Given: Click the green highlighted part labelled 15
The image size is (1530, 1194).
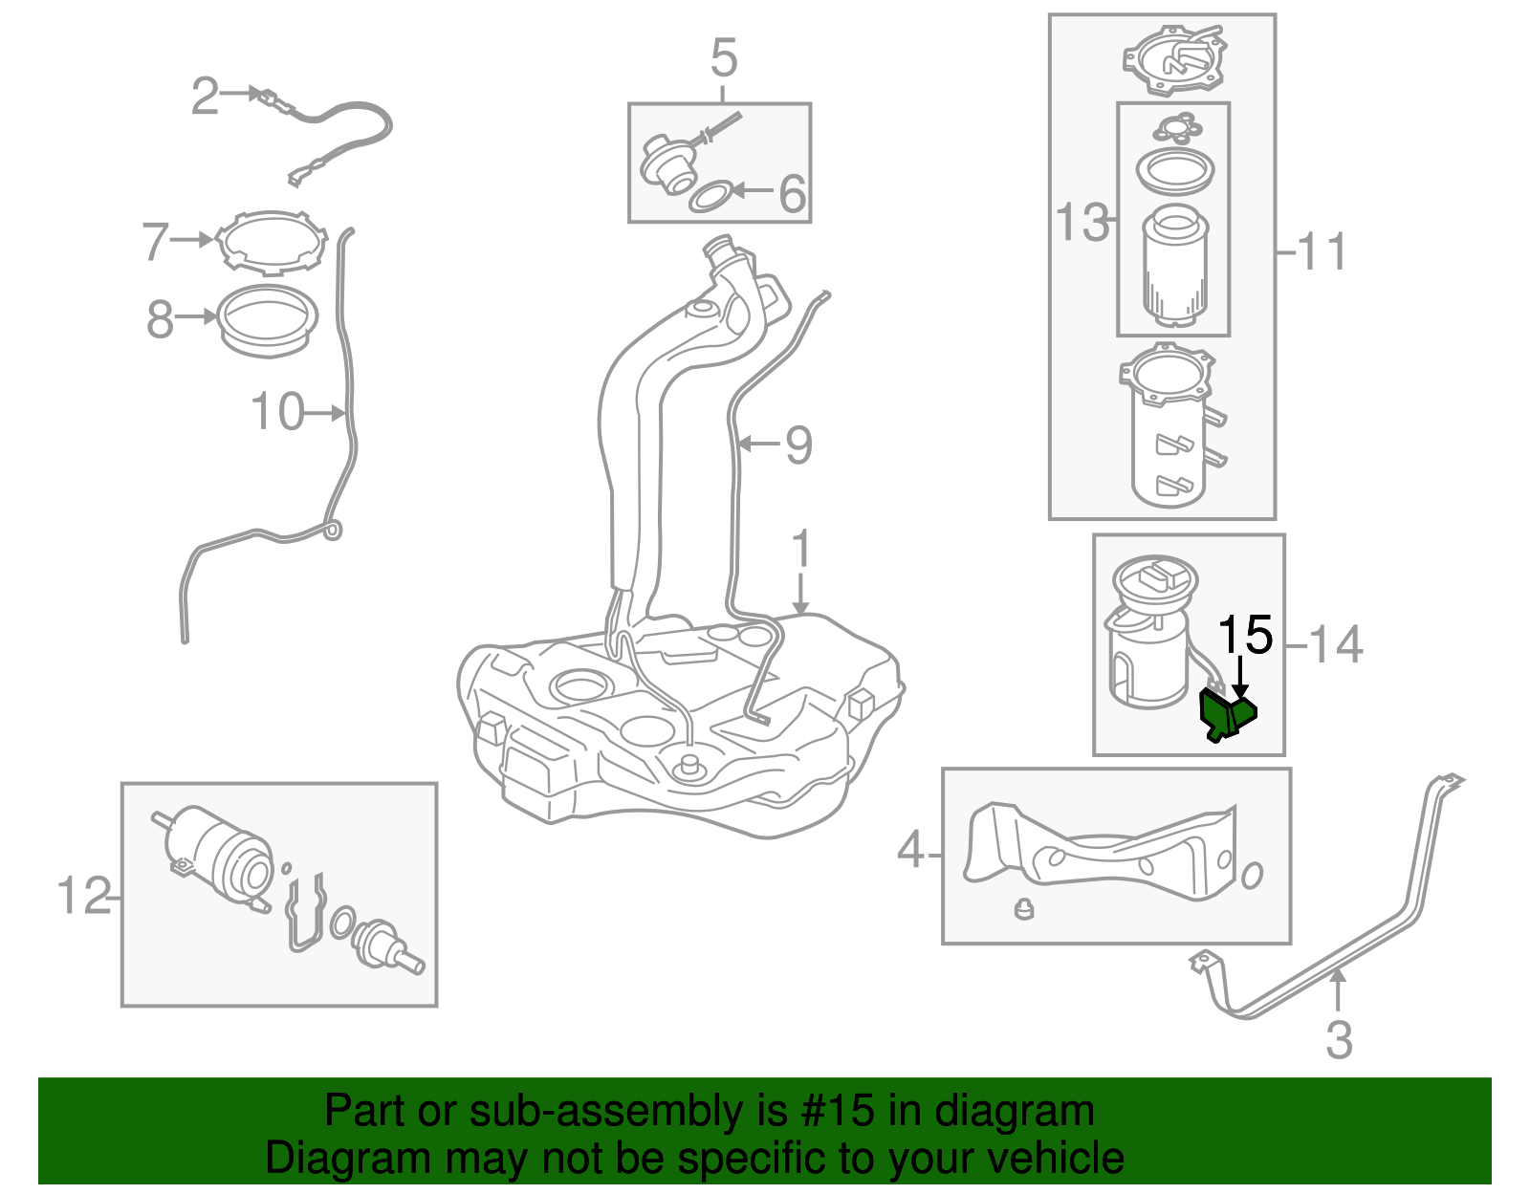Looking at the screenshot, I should (x=1226, y=715).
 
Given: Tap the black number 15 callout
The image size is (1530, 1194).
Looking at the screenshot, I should (x=1245, y=636).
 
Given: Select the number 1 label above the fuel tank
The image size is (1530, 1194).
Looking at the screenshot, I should (x=801, y=551).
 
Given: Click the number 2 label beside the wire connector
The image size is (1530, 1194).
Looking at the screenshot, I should (x=205, y=97).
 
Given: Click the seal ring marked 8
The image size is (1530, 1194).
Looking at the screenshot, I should (x=268, y=319).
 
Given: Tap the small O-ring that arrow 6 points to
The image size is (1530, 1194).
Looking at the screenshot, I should (x=710, y=198).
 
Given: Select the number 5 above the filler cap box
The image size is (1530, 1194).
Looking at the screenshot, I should (x=724, y=59).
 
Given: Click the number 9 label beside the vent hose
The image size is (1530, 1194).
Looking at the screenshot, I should (x=798, y=445).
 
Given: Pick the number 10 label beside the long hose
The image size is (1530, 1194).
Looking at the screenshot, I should (x=276, y=412).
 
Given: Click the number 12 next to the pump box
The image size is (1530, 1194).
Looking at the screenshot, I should (x=84, y=897).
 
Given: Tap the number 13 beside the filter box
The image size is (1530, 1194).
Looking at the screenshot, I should (x=1082, y=223).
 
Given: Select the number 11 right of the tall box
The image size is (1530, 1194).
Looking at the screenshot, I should (x=1322, y=252).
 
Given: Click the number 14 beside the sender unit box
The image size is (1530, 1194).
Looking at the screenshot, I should (x=1335, y=645).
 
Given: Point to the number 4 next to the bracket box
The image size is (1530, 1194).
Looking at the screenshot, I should (x=910, y=850).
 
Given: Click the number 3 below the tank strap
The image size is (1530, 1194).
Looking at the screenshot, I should (x=1339, y=1040).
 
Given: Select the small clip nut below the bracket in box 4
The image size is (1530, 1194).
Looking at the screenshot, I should (x=1024, y=908).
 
